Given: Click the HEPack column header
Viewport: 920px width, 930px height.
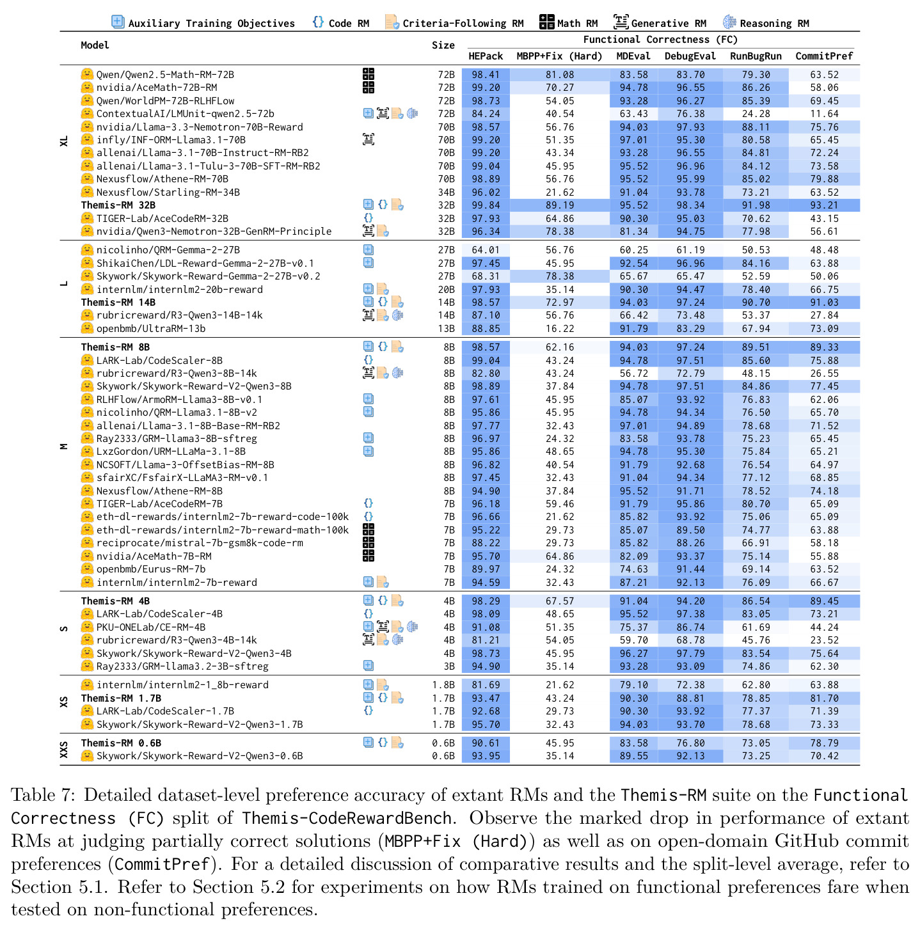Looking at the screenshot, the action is point(486,56).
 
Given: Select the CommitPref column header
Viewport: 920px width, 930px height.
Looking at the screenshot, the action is point(824,56).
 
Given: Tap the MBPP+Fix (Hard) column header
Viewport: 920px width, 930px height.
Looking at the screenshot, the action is point(559,56).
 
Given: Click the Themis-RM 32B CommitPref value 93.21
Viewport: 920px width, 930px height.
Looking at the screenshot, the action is point(824,205).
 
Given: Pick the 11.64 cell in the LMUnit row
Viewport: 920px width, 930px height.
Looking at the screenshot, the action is point(824,114).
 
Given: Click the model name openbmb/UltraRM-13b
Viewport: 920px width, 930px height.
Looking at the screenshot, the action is point(151,328).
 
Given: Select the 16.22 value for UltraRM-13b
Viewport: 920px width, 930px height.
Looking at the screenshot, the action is point(560,328).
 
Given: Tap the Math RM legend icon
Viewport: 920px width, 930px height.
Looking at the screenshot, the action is point(546,22).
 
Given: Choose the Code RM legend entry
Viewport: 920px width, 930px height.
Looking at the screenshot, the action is point(340,22).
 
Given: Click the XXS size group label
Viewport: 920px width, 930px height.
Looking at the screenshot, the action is point(64,749).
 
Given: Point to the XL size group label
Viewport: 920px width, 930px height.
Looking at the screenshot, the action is point(64,141).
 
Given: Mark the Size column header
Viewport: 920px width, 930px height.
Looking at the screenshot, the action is point(443,45).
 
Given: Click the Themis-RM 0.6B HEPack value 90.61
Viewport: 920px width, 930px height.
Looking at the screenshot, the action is point(486,743).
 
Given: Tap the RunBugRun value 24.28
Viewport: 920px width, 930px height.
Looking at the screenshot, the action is point(756,114).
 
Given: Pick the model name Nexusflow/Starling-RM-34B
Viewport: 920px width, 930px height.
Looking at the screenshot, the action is point(168,192).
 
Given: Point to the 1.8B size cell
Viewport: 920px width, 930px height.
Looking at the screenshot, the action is point(443,685).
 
